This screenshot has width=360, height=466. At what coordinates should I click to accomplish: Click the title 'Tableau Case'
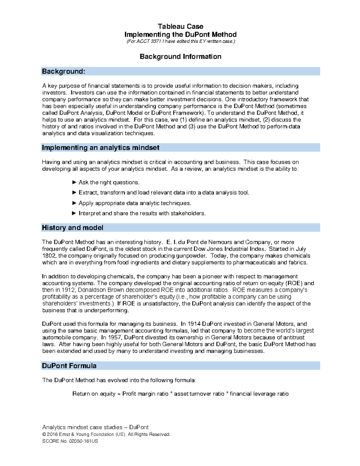(x=180, y=26)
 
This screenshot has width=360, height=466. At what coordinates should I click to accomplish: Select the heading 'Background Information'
(x=180, y=56)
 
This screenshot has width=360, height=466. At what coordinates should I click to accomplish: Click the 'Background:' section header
(x=64, y=71)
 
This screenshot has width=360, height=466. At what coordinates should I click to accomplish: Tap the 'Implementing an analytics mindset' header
(x=100, y=148)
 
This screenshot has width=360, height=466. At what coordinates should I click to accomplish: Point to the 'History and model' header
(x=73, y=228)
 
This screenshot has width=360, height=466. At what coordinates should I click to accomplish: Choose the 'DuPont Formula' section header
(x=69, y=366)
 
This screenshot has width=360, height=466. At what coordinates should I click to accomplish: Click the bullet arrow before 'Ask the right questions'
(x=74, y=182)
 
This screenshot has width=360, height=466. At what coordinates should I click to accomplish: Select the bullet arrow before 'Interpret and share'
(x=74, y=213)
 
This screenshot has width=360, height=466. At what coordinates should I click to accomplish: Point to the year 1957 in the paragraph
(x=115, y=337)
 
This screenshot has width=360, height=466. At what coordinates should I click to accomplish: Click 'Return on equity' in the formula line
(x=94, y=394)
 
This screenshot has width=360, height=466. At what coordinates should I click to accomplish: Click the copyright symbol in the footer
(x=44, y=434)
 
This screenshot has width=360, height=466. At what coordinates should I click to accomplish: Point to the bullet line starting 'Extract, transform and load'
(x=164, y=193)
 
